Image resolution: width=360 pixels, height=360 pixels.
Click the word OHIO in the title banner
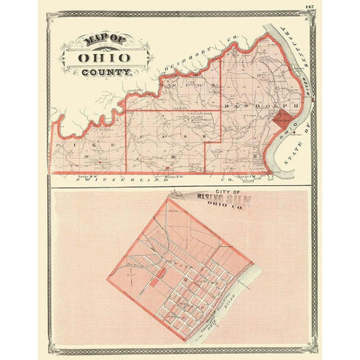(97, 57)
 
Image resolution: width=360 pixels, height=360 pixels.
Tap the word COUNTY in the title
(109, 73)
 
